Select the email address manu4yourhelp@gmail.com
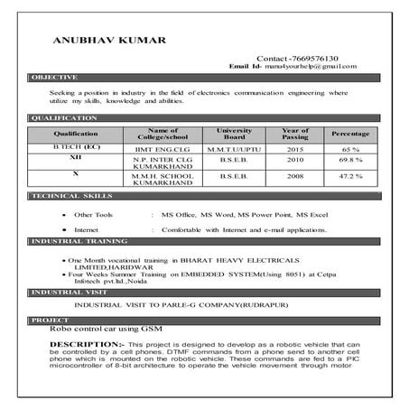pyautogui.click(x=304, y=67)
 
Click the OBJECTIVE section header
pyautogui.click(x=55, y=78)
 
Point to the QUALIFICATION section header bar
pyautogui.click(x=63, y=118)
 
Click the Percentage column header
pyautogui.click(x=350, y=133)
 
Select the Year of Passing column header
pyautogui.click(x=295, y=133)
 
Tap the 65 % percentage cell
pyautogui.click(x=350, y=147)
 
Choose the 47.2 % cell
pyautogui.click(x=350, y=178)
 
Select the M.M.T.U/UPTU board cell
pyautogui.click(x=235, y=147)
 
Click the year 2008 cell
pyautogui.click(x=295, y=178)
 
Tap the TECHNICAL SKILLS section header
pyautogui.click(x=71, y=196)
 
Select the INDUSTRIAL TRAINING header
pyautogui.click(x=77, y=242)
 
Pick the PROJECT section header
pyautogui.click(x=50, y=321)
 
